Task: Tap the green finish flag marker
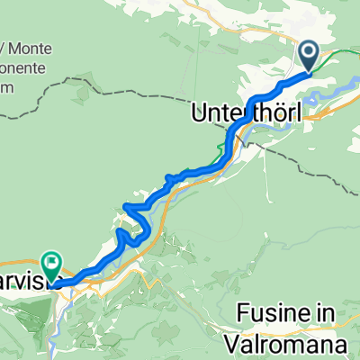click(x=51, y=267)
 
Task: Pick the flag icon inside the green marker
click(x=51, y=265)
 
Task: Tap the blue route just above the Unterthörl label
click(x=261, y=95)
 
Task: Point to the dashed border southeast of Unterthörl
click(x=315, y=162)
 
